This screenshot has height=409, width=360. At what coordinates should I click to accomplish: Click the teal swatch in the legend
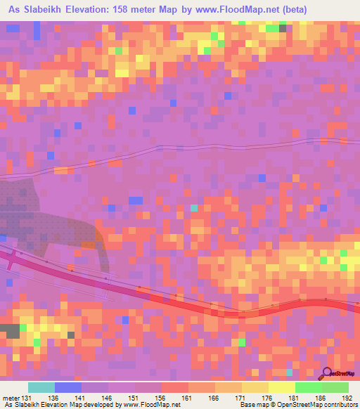point(41,387)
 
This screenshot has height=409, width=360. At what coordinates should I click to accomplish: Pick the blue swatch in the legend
point(68,387)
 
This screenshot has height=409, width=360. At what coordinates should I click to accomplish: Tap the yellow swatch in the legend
point(281,387)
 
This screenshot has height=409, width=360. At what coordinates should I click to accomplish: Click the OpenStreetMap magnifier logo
point(328,373)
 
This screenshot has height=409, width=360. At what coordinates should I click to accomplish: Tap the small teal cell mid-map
point(194,208)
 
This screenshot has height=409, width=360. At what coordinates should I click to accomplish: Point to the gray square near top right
point(283,28)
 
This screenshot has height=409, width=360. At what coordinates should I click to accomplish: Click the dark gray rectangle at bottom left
point(10,331)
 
